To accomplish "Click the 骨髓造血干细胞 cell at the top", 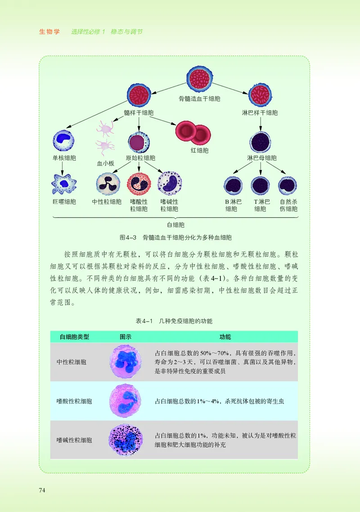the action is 199,79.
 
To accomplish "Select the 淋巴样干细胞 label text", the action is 260,113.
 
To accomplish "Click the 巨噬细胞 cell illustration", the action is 64,184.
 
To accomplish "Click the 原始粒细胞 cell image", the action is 139,142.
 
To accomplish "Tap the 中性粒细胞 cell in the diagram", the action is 108,184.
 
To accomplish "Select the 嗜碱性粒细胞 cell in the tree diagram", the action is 169,184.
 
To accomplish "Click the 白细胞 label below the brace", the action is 175,225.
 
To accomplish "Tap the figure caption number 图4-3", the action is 128,237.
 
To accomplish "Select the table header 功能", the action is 225,337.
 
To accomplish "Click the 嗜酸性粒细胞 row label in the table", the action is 74,401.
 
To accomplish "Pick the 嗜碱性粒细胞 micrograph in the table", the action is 126,440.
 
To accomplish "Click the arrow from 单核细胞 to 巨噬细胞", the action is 63,168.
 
